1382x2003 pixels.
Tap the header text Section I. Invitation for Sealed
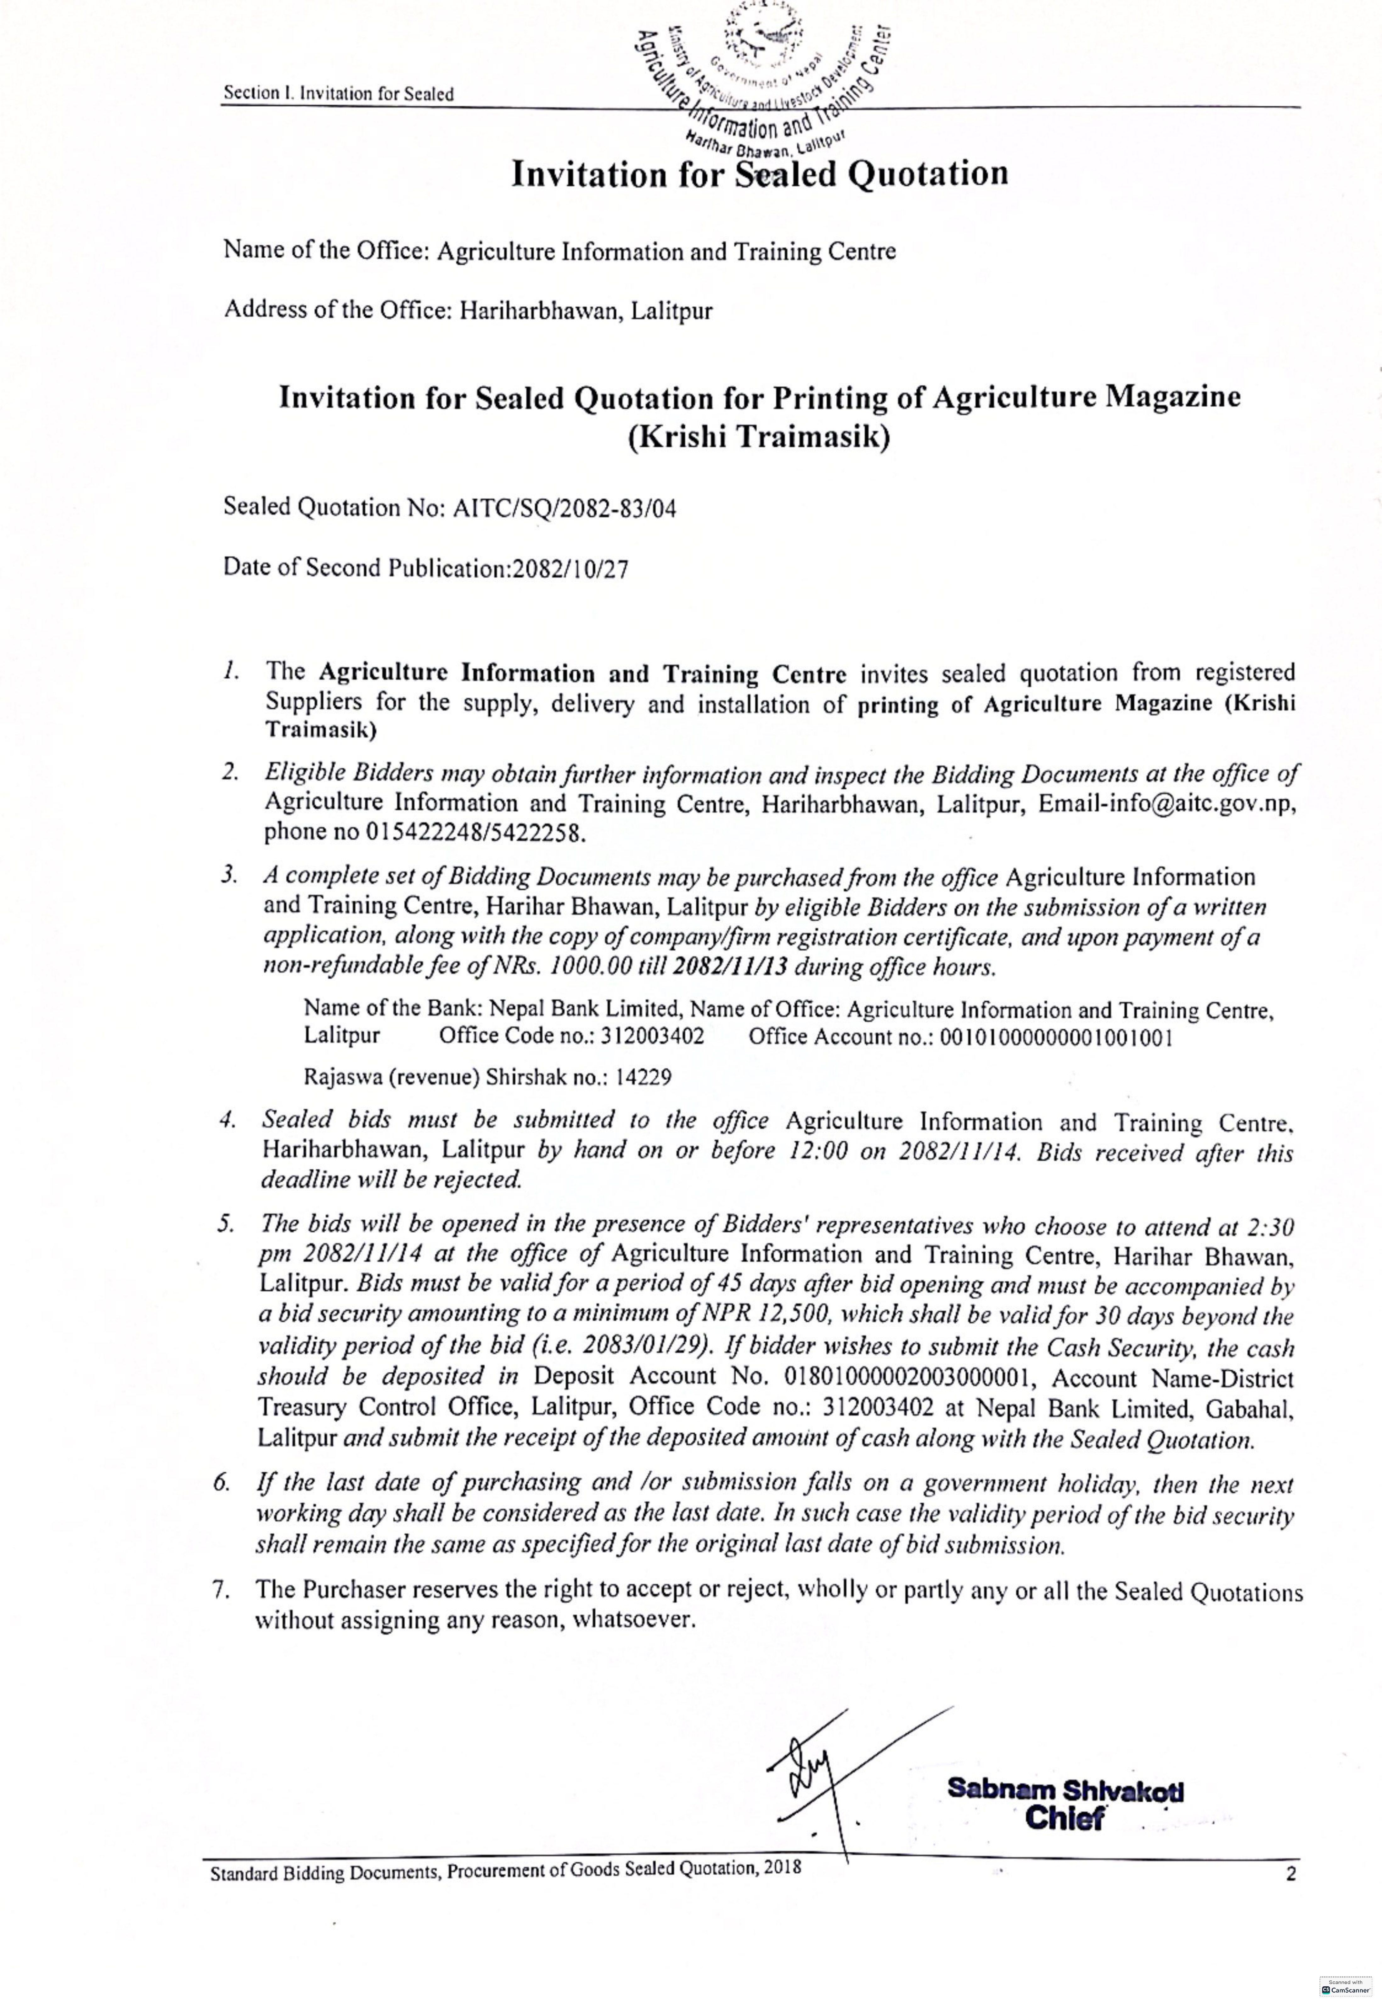point(339,93)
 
